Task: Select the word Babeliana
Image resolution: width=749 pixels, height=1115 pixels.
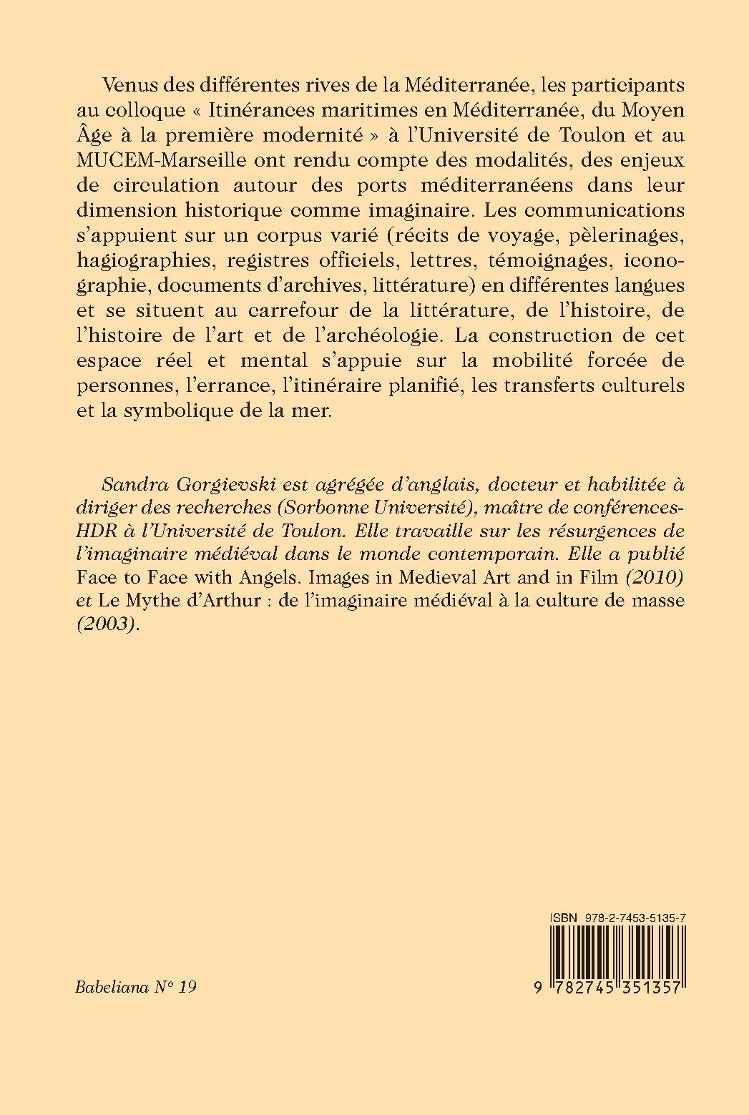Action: click(x=112, y=987)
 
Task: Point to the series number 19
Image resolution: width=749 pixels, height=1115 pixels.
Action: click(x=187, y=987)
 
